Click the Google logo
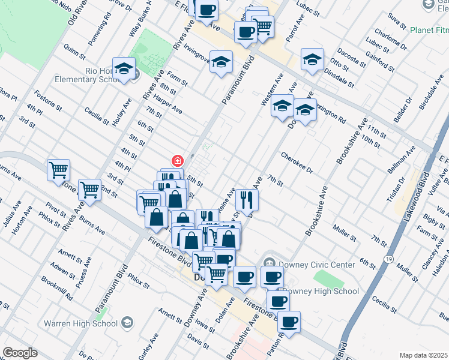tap(20, 353)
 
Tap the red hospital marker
tap(177, 161)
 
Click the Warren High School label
tap(80, 323)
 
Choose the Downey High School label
tap(321, 291)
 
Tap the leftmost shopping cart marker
tap(58, 170)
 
